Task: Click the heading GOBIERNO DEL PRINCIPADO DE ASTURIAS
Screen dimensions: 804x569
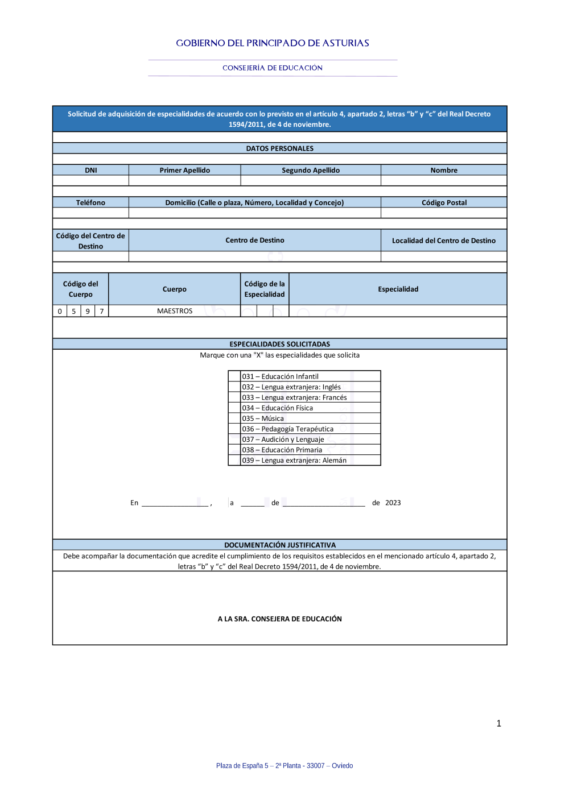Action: coord(273,43)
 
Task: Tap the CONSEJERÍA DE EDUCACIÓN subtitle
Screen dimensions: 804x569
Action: coord(273,68)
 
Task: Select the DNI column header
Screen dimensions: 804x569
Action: coord(91,170)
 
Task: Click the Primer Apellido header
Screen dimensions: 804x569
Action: coord(185,170)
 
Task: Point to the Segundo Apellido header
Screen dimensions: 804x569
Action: coord(311,170)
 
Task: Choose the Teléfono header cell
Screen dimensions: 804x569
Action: coord(91,202)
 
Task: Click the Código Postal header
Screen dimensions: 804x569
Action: coord(444,202)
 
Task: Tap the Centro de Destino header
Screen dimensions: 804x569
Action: coord(255,240)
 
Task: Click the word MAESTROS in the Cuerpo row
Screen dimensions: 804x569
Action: coord(175,311)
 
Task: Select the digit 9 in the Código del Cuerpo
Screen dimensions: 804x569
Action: coord(88,311)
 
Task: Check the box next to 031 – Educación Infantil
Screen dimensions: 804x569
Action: coord(234,376)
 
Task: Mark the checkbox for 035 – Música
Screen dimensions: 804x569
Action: coord(234,418)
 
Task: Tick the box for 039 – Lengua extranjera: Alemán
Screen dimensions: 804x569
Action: coord(234,461)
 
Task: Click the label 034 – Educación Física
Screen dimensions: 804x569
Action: coord(278,408)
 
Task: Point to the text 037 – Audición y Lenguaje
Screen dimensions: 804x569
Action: coord(283,440)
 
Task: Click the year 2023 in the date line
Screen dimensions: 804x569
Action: coord(393,503)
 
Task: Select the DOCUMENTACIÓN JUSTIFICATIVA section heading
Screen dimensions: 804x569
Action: coord(280,545)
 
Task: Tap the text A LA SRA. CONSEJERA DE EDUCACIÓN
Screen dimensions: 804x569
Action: coord(280,619)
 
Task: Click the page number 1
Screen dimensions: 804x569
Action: coord(499,723)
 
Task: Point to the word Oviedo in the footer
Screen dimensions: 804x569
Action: coord(343,765)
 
